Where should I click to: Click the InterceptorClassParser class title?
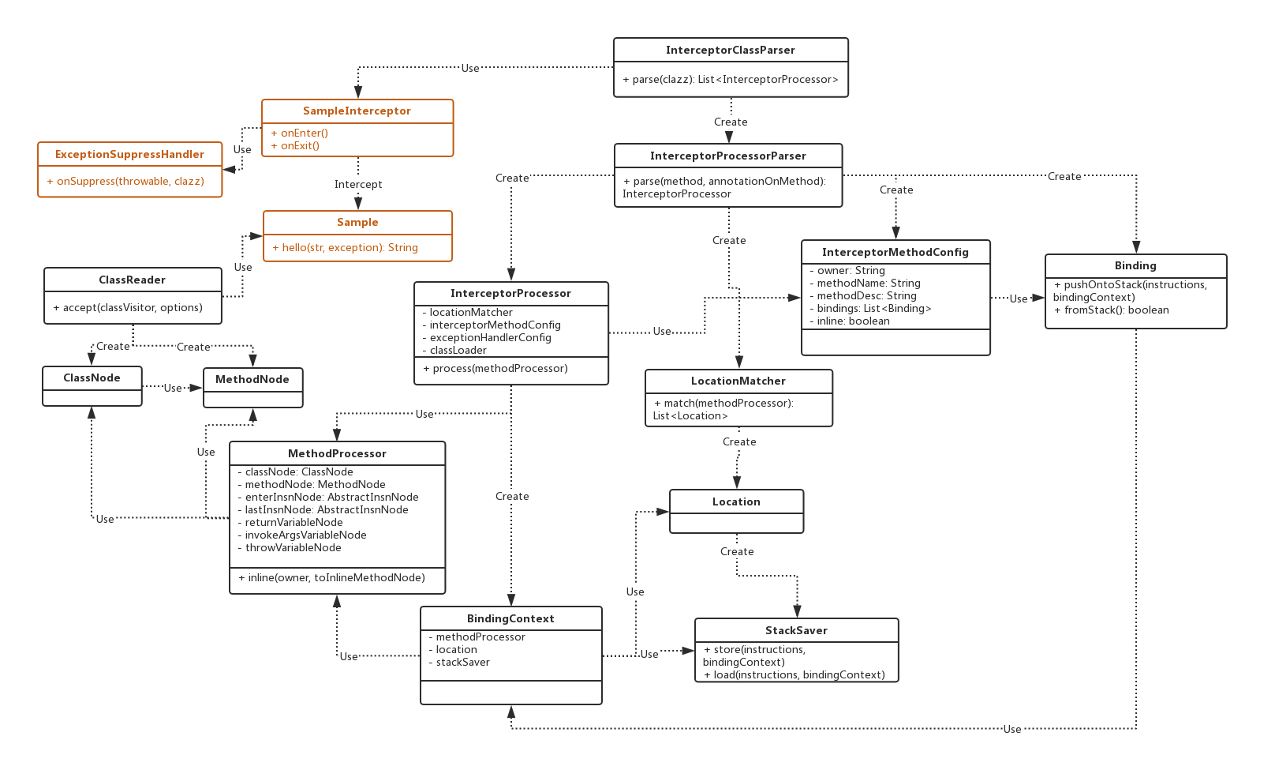pyautogui.click(x=730, y=50)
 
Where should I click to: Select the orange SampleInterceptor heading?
pyautogui.click(x=357, y=111)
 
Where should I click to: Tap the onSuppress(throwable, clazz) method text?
pyautogui.click(x=130, y=181)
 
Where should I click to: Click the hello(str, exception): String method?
pyautogui.click(x=345, y=247)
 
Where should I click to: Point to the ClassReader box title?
pyautogui.click(x=132, y=280)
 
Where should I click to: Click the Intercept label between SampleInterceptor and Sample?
pyautogui.click(x=358, y=184)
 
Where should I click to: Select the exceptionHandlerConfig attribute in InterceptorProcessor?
pyautogui.click(x=490, y=337)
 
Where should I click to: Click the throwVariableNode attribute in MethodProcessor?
pyautogui.click(x=293, y=547)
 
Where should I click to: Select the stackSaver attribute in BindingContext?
pyautogui.click(x=462, y=662)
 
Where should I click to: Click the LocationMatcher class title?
pyautogui.click(x=738, y=381)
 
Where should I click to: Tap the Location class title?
pyautogui.click(x=736, y=501)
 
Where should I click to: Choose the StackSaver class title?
pyautogui.click(x=796, y=630)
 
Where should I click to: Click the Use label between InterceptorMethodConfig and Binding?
pyautogui.click(x=1019, y=299)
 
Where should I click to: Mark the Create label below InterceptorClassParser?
pyautogui.click(x=731, y=122)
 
